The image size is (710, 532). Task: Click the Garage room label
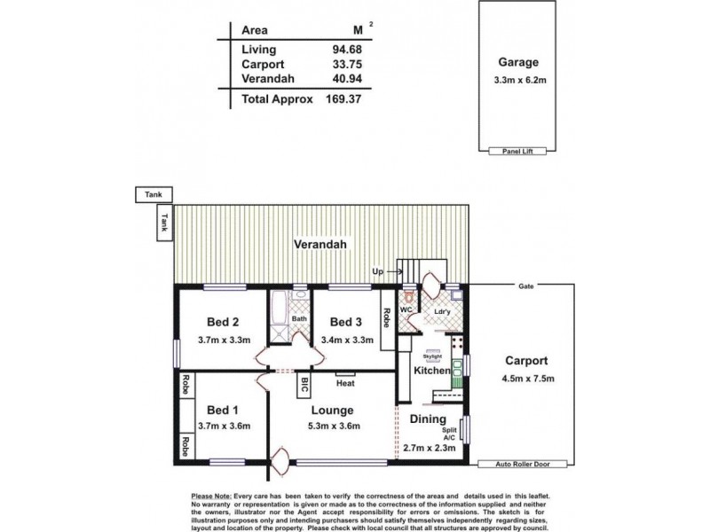(x=519, y=63)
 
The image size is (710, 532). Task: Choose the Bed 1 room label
(x=224, y=410)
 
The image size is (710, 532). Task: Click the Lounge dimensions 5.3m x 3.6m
(x=332, y=426)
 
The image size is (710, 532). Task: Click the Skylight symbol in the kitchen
(x=433, y=352)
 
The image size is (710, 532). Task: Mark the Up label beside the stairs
(x=378, y=271)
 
